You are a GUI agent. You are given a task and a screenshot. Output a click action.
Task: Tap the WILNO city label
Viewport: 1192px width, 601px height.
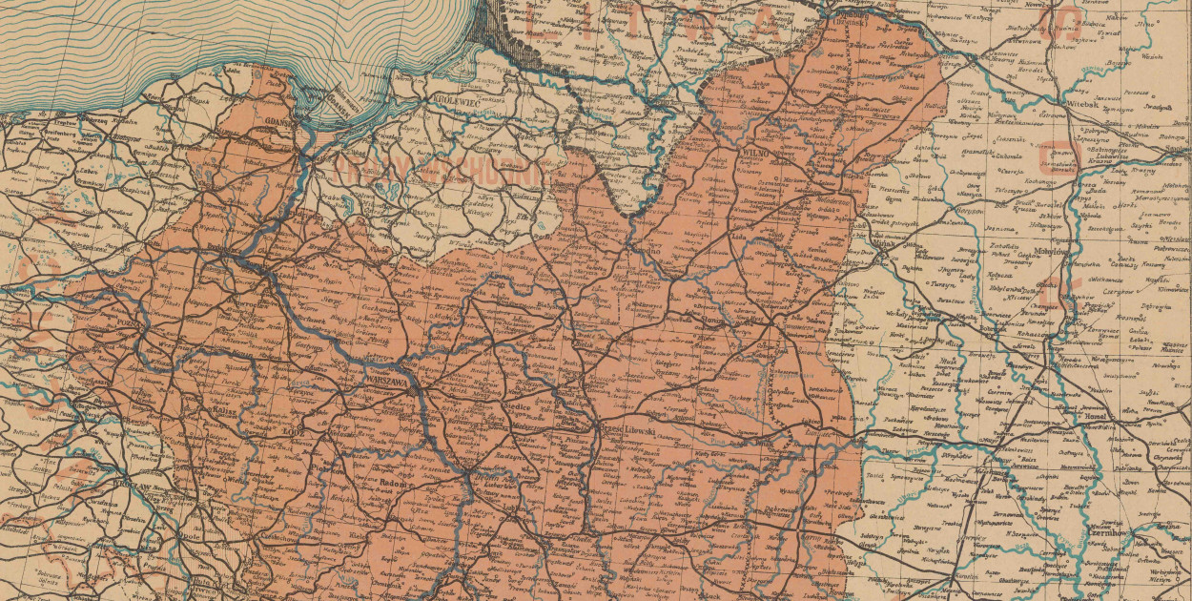755,151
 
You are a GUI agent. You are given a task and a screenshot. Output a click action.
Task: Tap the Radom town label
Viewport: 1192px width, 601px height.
393,484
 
